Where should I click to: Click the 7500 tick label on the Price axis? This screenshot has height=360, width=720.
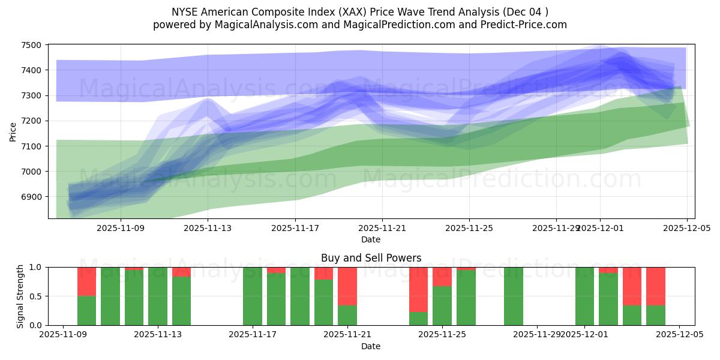[31, 45]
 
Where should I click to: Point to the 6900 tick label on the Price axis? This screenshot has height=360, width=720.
[31, 197]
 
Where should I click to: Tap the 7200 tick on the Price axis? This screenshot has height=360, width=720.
[31, 121]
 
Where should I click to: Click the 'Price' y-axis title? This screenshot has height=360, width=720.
[13, 131]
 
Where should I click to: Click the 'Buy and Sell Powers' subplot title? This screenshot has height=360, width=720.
[371, 258]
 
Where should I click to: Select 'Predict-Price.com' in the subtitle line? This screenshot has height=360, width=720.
[521, 25]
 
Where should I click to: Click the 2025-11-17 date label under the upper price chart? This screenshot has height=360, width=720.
[295, 228]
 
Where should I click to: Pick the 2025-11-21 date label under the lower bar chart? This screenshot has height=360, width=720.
[347, 335]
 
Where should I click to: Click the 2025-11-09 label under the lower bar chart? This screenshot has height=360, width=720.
[63, 335]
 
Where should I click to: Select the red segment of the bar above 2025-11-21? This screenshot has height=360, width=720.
[347, 286]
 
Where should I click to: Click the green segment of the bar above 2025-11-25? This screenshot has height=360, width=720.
[442, 305]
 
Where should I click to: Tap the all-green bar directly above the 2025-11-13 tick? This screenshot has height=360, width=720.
[158, 296]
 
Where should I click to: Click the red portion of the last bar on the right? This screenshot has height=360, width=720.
[656, 286]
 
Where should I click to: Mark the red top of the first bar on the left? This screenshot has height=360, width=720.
[87, 281]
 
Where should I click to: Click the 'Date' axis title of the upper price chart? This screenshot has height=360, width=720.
[371, 239]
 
